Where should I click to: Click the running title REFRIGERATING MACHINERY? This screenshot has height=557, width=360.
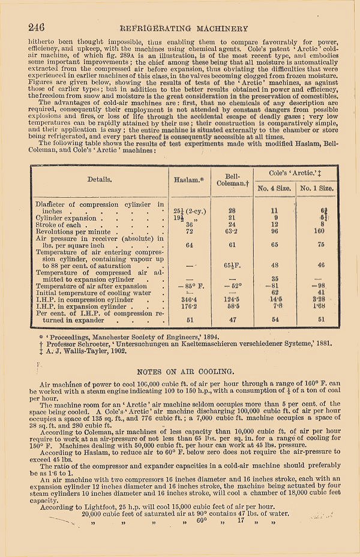coord(184,28)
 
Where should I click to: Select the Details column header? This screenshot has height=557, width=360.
coord(100,179)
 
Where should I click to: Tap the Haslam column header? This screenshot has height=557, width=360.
coord(188,179)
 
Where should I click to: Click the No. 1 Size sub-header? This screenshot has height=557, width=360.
coord(316,188)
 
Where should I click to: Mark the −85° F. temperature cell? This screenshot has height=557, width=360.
coord(188,287)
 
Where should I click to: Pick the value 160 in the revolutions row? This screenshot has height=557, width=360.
coord(319,230)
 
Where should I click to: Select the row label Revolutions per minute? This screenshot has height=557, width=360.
coord(73,231)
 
